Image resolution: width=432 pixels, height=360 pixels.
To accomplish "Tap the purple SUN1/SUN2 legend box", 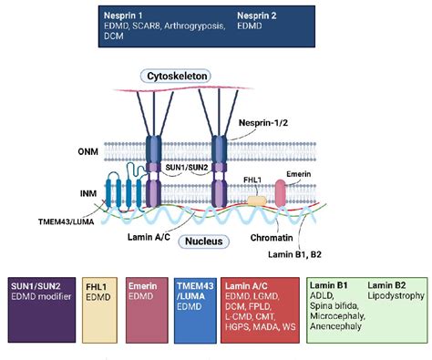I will click(x=39, y=312).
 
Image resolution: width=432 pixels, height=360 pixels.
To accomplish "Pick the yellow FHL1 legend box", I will click(x=101, y=312).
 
